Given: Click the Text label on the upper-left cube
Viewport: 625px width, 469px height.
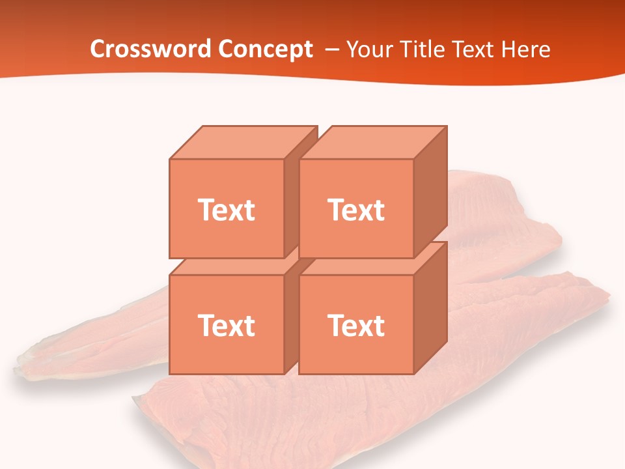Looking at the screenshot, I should (227, 210).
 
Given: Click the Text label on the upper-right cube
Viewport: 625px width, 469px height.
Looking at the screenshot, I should (356, 210).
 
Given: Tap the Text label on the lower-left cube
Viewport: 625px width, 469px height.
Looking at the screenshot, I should (227, 325).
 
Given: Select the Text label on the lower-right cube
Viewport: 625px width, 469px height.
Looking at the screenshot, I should (356, 325).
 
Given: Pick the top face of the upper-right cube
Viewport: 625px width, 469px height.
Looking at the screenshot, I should (373, 142).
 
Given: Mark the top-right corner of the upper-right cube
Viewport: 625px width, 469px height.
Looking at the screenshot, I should (447, 126).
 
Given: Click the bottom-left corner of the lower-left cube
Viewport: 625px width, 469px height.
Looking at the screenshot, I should (170, 374).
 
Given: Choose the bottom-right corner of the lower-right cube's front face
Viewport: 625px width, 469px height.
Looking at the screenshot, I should (413, 374).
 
